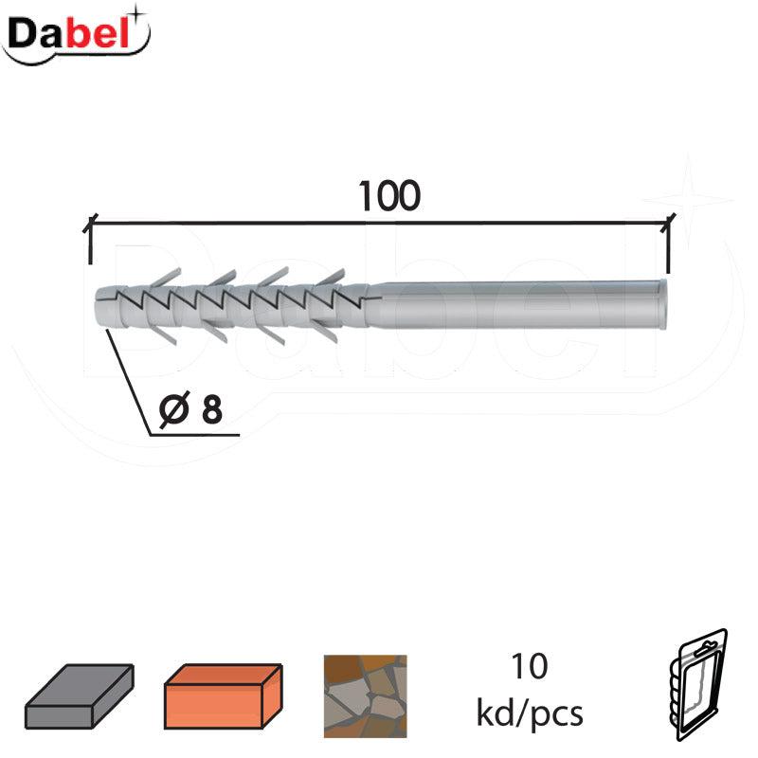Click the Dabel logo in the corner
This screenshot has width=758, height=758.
pos(77,36)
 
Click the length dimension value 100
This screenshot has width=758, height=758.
pos(389,196)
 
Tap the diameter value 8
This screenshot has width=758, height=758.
pos(211,409)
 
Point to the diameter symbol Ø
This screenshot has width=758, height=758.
pos(173,409)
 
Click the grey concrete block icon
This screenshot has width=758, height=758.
pos(80,695)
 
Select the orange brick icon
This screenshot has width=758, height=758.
pos(224,695)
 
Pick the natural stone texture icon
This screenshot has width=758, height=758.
pos(366,696)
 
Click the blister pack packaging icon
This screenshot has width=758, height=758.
pos(699,684)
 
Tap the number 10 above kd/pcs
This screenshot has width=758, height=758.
pos(530,667)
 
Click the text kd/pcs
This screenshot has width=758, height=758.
pos(530,713)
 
